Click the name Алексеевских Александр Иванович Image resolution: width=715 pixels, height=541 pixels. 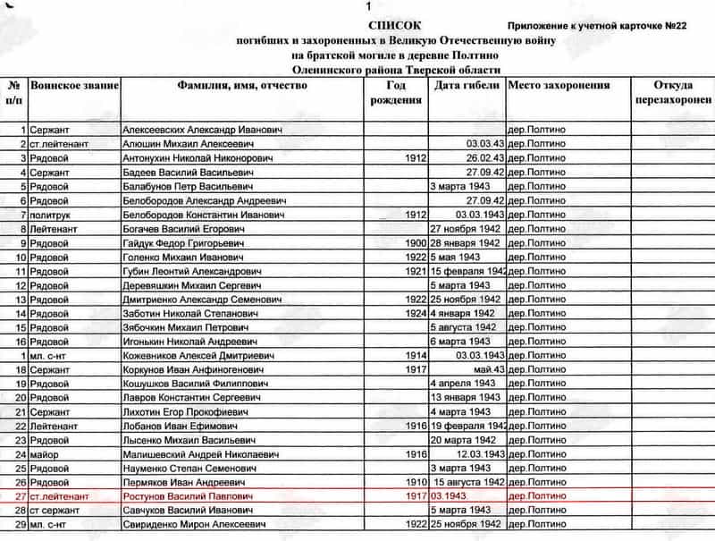click(x=203, y=131)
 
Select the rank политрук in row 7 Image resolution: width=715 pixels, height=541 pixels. click(x=53, y=216)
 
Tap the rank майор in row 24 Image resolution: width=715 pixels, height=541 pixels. click(x=45, y=454)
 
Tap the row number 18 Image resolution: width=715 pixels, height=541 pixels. click(x=20, y=369)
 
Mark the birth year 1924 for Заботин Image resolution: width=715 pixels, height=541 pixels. click(x=416, y=314)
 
